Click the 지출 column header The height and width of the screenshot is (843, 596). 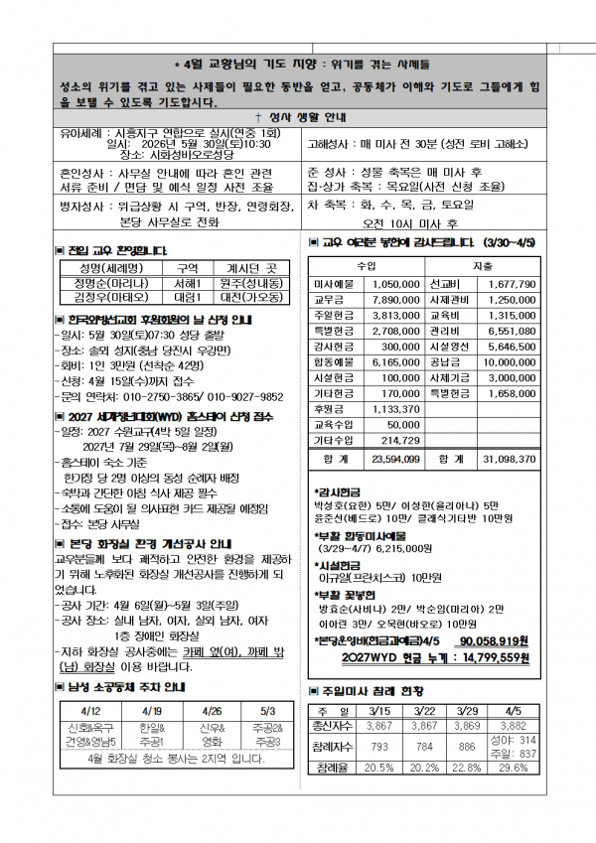tap(483, 265)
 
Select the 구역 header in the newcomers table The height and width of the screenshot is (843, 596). tap(188, 268)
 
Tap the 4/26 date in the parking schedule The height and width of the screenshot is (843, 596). tap(212, 712)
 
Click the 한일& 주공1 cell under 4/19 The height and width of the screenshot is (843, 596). tap(152, 735)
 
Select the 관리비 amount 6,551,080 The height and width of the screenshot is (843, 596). tap(513, 331)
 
